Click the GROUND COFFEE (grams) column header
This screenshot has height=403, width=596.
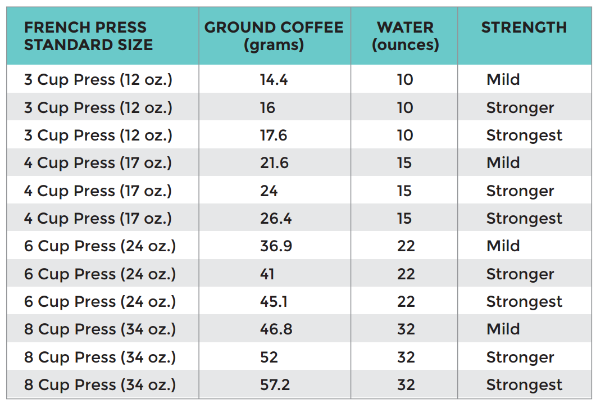point(274,35)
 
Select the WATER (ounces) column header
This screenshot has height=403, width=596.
point(405,35)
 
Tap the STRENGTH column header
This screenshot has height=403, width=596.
point(524,28)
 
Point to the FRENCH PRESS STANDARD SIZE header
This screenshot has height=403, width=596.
point(88,35)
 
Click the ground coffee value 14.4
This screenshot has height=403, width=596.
point(274,80)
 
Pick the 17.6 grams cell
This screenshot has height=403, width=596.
point(274,135)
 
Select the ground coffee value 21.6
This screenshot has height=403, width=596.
point(274,163)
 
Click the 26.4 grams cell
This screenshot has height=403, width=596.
point(275,219)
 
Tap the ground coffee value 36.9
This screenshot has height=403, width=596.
point(275,246)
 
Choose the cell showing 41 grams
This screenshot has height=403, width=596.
point(267,274)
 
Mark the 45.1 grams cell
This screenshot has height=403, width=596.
point(274,302)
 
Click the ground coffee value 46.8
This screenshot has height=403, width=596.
point(276,329)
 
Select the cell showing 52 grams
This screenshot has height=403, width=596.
point(269,357)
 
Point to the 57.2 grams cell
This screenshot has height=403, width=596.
point(275,385)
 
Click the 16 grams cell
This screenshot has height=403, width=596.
point(267,108)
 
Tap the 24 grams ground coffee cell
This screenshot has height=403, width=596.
point(269,191)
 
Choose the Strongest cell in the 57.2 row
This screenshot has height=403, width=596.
point(524,385)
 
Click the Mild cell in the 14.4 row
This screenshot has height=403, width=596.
point(503,80)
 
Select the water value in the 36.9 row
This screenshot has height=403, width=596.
point(406,246)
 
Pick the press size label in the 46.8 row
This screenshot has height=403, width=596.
point(99,329)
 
